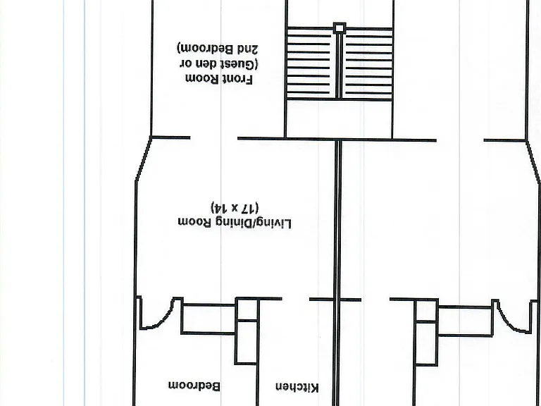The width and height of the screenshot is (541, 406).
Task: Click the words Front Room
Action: coord(220,79)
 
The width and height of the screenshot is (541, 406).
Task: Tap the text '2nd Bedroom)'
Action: coord(218,49)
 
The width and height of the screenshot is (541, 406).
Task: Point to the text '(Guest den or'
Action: coord(219,64)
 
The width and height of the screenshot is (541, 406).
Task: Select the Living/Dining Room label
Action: coord(235,223)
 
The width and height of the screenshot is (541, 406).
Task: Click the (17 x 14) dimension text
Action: coord(235,207)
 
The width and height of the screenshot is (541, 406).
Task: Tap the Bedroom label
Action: coord(194,386)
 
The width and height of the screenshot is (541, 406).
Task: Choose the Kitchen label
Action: coord(297,388)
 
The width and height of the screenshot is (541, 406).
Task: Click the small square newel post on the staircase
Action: coord(340,28)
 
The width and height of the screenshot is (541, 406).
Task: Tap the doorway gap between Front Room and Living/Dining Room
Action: coord(214,137)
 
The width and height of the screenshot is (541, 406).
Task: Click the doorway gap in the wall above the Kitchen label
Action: coord(296,299)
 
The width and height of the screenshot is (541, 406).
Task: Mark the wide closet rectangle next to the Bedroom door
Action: coord(209,319)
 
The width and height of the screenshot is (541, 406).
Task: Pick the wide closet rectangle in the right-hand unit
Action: coord(465,321)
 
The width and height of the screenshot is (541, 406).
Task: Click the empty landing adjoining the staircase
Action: coord(339,119)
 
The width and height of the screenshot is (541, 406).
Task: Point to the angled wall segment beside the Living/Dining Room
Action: coord(143,159)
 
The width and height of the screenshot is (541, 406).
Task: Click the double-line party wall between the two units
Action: coord(337,273)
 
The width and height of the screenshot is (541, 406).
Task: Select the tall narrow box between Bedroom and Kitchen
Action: coord(247,331)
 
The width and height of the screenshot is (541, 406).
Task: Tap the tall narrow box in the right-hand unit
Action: coord(426,333)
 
